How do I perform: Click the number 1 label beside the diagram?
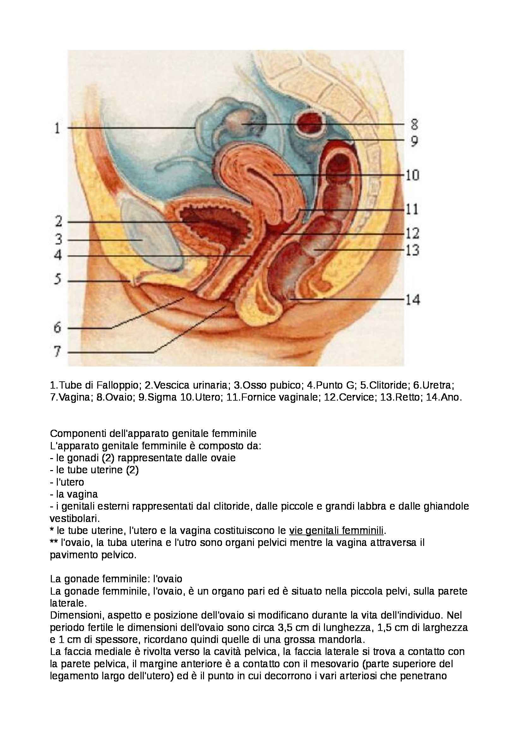point(57,128)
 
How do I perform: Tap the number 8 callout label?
point(414,124)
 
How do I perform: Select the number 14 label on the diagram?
point(413,300)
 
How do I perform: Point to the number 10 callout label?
point(412,175)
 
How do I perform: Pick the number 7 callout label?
point(57,351)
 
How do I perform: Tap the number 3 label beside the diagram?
point(58,239)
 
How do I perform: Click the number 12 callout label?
point(412,233)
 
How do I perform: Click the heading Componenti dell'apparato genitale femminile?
point(153,433)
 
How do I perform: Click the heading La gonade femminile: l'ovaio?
point(116,579)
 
